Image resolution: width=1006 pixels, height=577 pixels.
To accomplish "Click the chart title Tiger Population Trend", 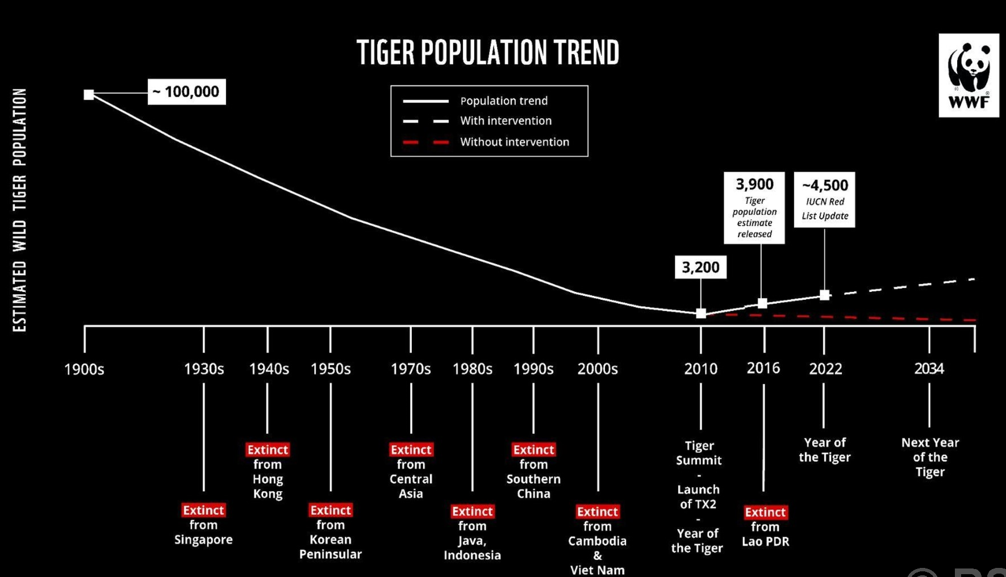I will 487,53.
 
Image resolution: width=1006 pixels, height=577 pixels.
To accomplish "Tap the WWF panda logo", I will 969,75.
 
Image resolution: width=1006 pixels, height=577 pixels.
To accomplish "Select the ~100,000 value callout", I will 186,92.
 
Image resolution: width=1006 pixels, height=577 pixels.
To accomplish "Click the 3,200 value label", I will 700,267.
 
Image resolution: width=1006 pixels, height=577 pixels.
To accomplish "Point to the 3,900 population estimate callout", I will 754,207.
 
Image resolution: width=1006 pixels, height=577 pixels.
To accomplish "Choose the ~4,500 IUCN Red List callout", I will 824,199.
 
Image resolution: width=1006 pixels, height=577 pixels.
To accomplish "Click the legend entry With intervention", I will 506,121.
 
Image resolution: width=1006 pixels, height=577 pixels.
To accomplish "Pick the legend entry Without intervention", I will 514,142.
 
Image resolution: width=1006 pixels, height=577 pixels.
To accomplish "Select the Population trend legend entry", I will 503,101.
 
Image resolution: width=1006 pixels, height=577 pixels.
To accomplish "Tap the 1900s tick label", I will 84,369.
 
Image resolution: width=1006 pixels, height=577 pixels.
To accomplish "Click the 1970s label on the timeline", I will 411,369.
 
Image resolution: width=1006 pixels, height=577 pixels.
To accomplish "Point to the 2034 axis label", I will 929,369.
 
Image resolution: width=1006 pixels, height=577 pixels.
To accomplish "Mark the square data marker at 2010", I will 701,313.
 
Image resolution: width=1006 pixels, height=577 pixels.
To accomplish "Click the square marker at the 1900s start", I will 89,95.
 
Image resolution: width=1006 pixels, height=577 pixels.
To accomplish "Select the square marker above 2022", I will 825,295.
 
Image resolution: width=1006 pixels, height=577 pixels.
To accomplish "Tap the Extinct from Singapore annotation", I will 203,525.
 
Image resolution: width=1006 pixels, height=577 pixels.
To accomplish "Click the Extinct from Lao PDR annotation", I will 765,526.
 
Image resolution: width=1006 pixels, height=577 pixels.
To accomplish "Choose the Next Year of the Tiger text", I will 930,457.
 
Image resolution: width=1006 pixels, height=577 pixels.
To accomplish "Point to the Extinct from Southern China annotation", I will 533,471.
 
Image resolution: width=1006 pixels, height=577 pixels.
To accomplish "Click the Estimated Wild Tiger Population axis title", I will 20,210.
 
